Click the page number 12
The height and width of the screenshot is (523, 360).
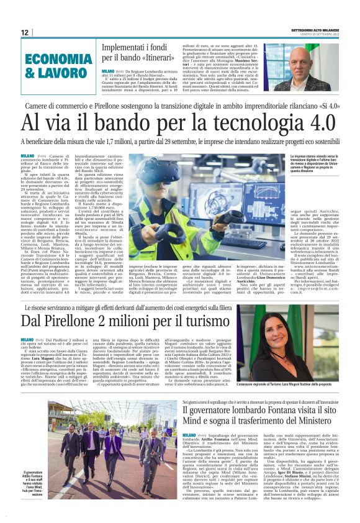click(x=25, y=32)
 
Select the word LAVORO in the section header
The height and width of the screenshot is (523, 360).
click(x=60, y=73)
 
